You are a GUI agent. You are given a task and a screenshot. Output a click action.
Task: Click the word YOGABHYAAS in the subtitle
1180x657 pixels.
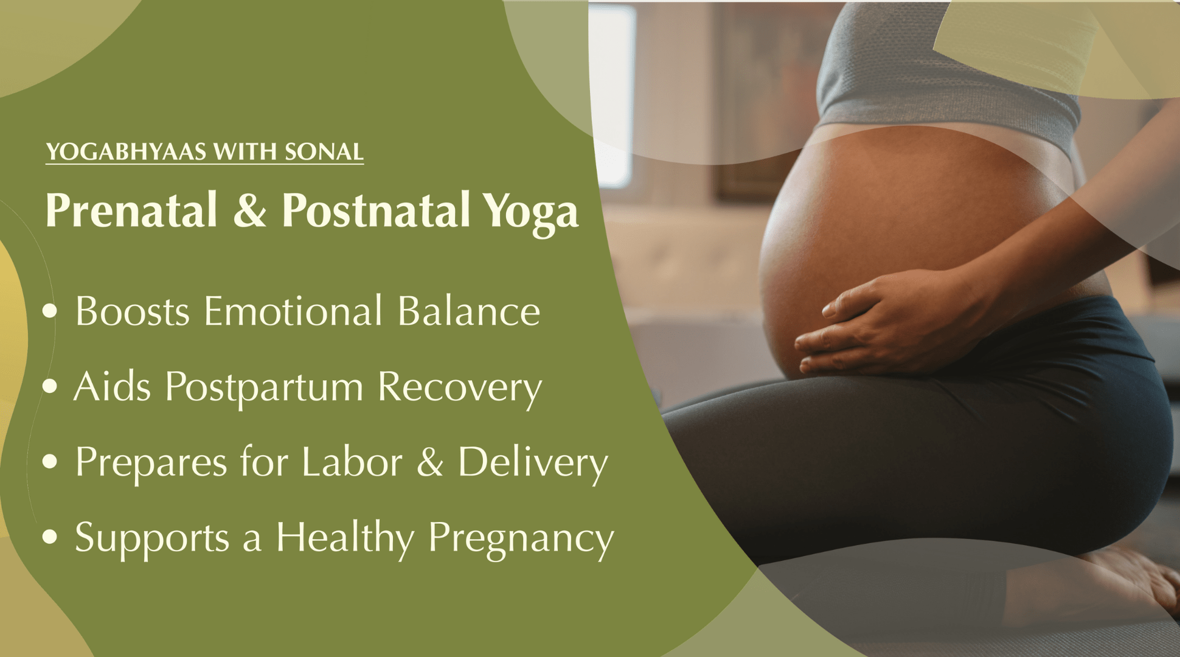point(127,151)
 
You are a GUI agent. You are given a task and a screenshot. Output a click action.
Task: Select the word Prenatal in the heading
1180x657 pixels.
point(131,210)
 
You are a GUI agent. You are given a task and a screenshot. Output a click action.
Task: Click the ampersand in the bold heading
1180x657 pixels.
point(249,210)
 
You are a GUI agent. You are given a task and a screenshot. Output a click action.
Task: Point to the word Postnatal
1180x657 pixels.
point(376,210)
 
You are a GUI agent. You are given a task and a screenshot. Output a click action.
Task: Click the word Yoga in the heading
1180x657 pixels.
point(530,213)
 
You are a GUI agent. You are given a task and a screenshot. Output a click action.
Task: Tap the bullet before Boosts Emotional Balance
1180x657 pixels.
point(50,311)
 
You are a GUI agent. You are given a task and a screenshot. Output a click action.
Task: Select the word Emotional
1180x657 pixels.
point(293,311)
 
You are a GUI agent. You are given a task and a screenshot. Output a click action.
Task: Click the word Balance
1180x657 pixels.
point(469,311)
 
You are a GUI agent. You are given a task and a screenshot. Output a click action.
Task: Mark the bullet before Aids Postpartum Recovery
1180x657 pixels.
point(50,386)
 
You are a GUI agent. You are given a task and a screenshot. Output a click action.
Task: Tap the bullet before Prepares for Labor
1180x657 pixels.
point(50,462)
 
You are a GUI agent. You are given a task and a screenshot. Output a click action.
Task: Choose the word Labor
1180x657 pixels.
point(352,462)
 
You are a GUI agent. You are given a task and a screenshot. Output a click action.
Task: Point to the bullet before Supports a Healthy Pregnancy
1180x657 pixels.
point(50,537)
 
